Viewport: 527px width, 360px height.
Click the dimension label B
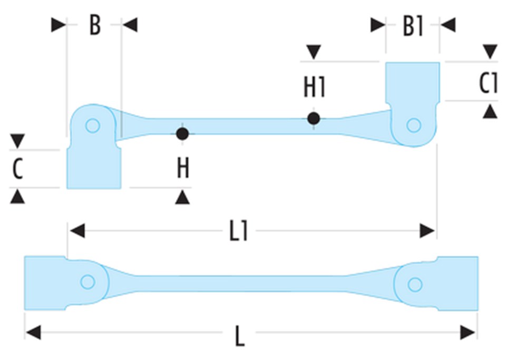(94, 25)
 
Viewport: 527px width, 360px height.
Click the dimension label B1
(413, 26)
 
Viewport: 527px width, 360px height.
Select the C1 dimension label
(489, 83)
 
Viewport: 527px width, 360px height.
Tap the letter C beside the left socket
(17, 169)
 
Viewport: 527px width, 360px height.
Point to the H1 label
(314, 87)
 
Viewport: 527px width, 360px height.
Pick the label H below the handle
(183, 169)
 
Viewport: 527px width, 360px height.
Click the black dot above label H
(182, 134)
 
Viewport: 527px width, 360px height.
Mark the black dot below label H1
(314, 119)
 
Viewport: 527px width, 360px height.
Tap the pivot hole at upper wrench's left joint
(93, 126)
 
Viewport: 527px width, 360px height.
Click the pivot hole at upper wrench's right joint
(414, 125)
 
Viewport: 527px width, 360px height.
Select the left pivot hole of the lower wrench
(87, 282)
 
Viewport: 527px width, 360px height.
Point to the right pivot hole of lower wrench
(415, 285)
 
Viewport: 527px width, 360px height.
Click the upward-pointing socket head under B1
(412, 82)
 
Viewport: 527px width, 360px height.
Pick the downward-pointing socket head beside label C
(94, 168)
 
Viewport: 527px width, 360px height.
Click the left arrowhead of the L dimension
(33, 333)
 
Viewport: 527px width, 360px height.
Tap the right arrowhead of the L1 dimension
(427, 230)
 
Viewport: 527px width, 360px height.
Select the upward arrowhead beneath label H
(183, 197)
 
